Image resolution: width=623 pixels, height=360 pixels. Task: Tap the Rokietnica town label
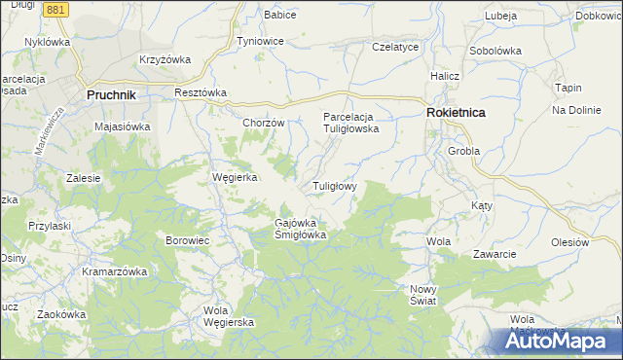click(456, 114)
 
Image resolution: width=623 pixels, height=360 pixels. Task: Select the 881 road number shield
click(56, 9)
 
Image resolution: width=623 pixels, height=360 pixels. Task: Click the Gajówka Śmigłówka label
click(301, 228)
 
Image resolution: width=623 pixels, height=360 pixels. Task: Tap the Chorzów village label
click(263, 124)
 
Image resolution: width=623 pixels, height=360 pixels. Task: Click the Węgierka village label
click(234, 177)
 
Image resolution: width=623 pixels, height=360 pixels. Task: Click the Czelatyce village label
click(395, 47)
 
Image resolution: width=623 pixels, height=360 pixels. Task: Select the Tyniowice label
click(260, 42)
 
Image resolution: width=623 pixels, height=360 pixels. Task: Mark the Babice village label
click(280, 15)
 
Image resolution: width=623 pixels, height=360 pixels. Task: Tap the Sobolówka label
click(495, 51)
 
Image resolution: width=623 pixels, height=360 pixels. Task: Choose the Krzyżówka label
click(164, 59)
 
